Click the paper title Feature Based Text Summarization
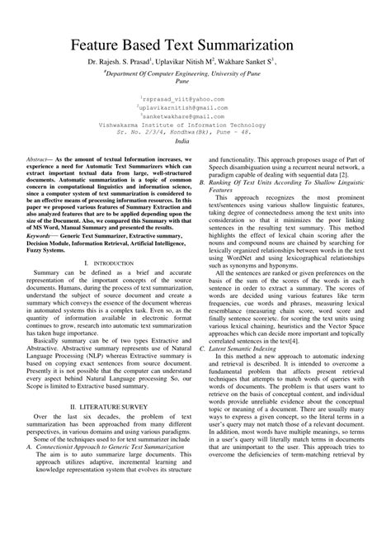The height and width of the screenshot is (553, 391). [x=195, y=41]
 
